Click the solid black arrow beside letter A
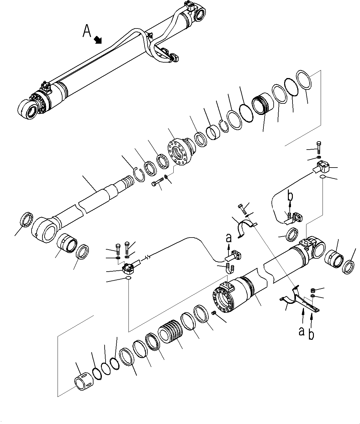(x=98, y=40)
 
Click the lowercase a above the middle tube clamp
(x=229, y=238)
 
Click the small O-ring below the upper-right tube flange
(x=322, y=177)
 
